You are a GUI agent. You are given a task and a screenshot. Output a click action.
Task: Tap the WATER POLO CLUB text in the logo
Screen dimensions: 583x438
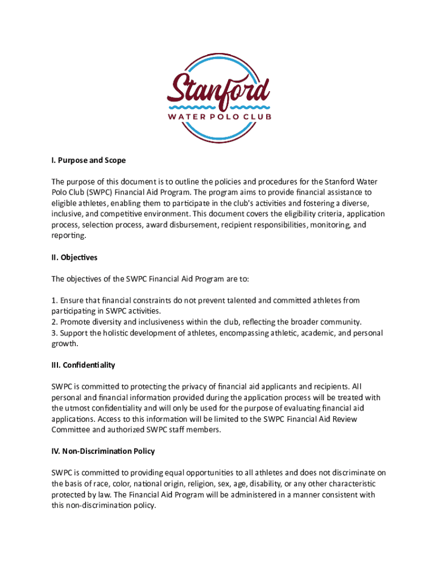(x=219, y=117)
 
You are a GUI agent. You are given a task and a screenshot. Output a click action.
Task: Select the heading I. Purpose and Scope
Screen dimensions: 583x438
(x=88, y=160)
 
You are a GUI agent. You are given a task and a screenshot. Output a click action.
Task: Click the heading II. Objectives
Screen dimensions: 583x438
(x=75, y=257)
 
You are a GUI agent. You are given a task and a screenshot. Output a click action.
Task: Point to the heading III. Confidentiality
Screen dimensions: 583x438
(x=83, y=365)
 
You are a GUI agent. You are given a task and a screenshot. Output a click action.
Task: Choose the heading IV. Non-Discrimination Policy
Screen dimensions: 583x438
(x=103, y=451)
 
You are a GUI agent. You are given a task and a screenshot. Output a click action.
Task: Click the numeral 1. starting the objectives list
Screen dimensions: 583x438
(x=54, y=300)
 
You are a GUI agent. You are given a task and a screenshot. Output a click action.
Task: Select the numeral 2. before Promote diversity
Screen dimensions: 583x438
(x=54, y=322)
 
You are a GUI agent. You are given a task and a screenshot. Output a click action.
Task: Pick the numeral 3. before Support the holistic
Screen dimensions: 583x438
(x=54, y=332)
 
